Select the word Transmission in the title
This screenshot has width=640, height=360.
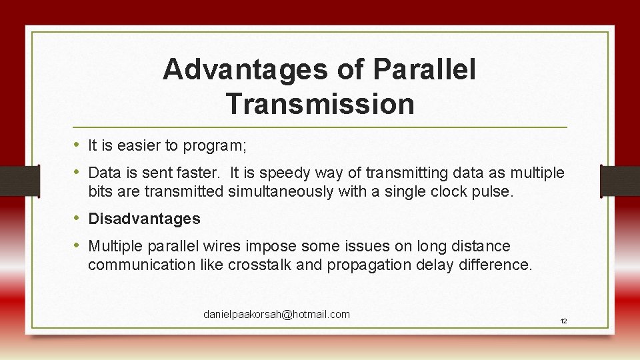coord(320,104)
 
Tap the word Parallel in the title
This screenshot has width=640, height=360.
coord(425,70)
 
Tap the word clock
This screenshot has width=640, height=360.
coord(453,192)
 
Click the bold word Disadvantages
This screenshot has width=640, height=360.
coord(144,219)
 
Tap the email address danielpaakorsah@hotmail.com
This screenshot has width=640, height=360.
coord(277,314)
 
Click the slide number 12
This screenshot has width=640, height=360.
coord(563,321)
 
